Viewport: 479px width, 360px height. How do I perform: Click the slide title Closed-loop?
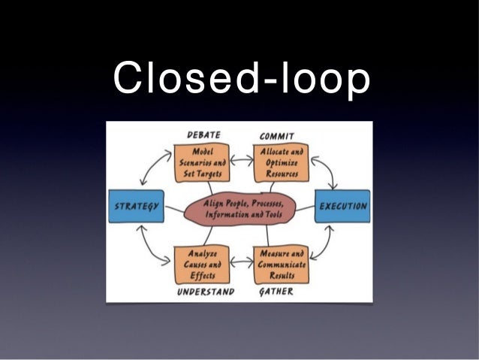click(x=239, y=78)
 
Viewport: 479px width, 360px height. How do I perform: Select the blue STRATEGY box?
click(x=135, y=207)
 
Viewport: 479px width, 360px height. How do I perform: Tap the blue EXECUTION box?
click(x=342, y=206)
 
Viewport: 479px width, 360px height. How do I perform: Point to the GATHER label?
click(x=276, y=291)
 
